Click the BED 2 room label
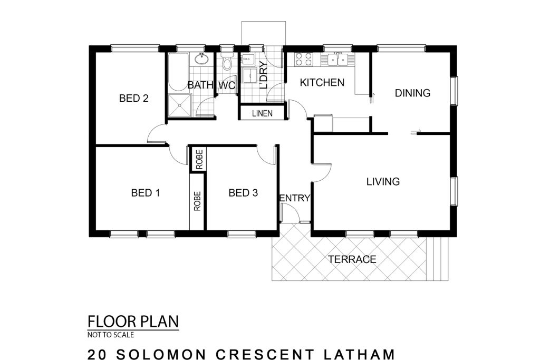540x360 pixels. point(133,99)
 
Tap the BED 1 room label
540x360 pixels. point(146,193)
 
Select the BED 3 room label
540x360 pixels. point(243,193)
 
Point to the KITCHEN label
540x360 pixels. point(322,83)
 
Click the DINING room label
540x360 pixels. point(412,93)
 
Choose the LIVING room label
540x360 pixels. point(383,181)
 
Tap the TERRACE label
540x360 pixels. point(352,259)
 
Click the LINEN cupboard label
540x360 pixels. point(262,113)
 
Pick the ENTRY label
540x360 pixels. point(294,198)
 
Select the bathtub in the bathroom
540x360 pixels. point(178,72)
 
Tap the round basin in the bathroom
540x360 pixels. point(201,59)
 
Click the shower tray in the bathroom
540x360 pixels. point(179,106)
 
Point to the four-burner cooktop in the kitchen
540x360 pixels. point(303,59)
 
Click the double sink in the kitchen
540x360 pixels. point(337,60)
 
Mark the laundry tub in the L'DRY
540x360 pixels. point(247,60)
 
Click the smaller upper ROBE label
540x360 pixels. point(199,159)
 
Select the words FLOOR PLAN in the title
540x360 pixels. point(133,322)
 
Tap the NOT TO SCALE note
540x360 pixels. point(111,335)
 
